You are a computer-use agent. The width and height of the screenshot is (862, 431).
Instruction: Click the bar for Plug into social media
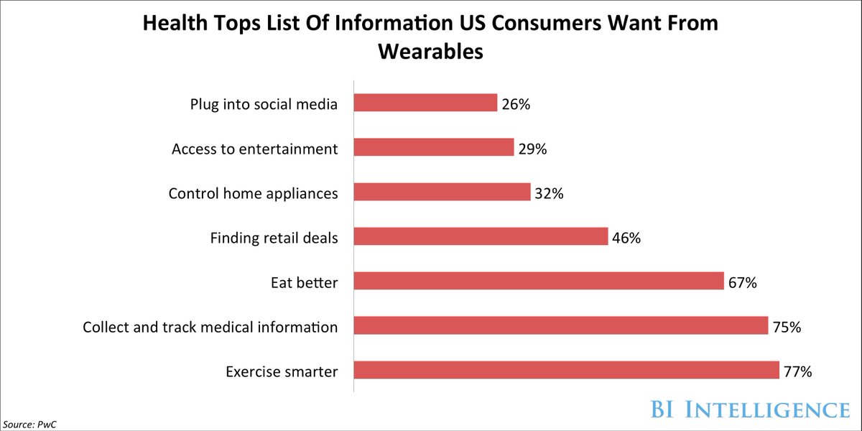pos(425,103)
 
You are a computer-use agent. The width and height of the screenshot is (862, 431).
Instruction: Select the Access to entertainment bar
pos(434,147)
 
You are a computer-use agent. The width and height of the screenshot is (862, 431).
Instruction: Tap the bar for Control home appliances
pos(442,192)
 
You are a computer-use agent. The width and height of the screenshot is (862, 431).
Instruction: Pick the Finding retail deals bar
pos(481,236)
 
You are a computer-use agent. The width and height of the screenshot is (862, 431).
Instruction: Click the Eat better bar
pos(539,281)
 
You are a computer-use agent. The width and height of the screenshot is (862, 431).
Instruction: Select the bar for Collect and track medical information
pos(561,326)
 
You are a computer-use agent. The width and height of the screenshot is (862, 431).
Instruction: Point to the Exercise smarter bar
pos(567,371)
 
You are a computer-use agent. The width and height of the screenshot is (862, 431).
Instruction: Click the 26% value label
pos(516,105)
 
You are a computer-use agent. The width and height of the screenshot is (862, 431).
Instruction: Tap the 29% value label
pos(532,149)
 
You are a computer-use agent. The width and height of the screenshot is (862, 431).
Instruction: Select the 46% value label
pos(626,238)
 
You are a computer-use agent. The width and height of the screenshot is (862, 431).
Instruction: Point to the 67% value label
pos(742,283)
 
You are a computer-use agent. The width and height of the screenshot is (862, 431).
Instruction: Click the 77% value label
pos(797,372)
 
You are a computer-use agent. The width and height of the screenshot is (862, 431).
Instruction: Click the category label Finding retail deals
pos(274,238)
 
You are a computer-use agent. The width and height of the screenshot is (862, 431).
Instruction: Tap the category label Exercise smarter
pos(282,371)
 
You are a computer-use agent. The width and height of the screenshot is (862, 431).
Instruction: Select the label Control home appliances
pos(253,193)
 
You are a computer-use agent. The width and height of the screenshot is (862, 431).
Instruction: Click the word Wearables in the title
pos(430,52)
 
